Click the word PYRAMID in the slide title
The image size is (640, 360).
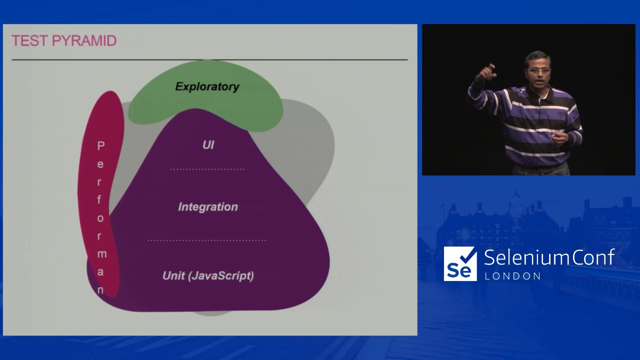[x=84, y=40]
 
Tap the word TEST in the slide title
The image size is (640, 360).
[x=29, y=40]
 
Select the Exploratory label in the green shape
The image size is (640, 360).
[x=207, y=87]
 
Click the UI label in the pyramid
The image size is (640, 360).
[x=208, y=145]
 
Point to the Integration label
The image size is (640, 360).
[x=208, y=207]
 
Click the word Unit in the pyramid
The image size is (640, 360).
[x=173, y=275]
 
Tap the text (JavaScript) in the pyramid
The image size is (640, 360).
[x=221, y=276]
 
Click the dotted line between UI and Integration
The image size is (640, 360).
[x=207, y=169]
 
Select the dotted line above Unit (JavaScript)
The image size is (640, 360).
[x=207, y=240]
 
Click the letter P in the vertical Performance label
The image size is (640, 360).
[x=101, y=145]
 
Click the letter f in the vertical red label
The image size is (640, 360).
[x=99, y=199]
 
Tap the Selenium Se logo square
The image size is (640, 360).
[x=460, y=263]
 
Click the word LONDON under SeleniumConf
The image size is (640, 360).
[x=512, y=276]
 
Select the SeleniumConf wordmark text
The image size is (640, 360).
[x=549, y=257]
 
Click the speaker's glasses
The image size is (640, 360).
[x=538, y=70]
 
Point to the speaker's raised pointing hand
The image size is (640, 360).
[x=486, y=72]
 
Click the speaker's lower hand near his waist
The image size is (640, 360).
[x=560, y=138]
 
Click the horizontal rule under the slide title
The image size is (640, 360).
[x=209, y=59]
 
